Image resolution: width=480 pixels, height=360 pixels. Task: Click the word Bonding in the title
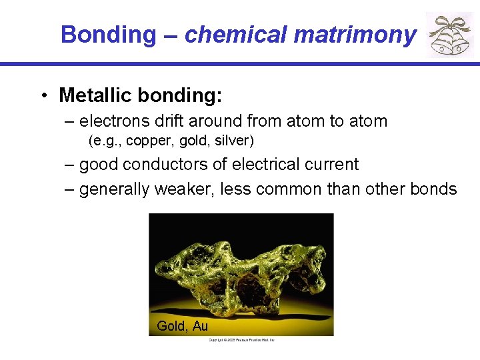pyautogui.click(x=107, y=34)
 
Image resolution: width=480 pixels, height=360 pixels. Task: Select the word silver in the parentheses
pyautogui.click(x=233, y=141)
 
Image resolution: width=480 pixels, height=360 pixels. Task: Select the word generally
pyautogui.click(x=114, y=190)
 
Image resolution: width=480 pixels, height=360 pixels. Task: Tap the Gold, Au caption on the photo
pyautogui.click(x=182, y=326)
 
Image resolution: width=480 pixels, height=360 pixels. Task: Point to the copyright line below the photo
pyautogui.click(x=241, y=340)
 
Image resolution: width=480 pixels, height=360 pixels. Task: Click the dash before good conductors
pyautogui.click(x=70, y=165)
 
